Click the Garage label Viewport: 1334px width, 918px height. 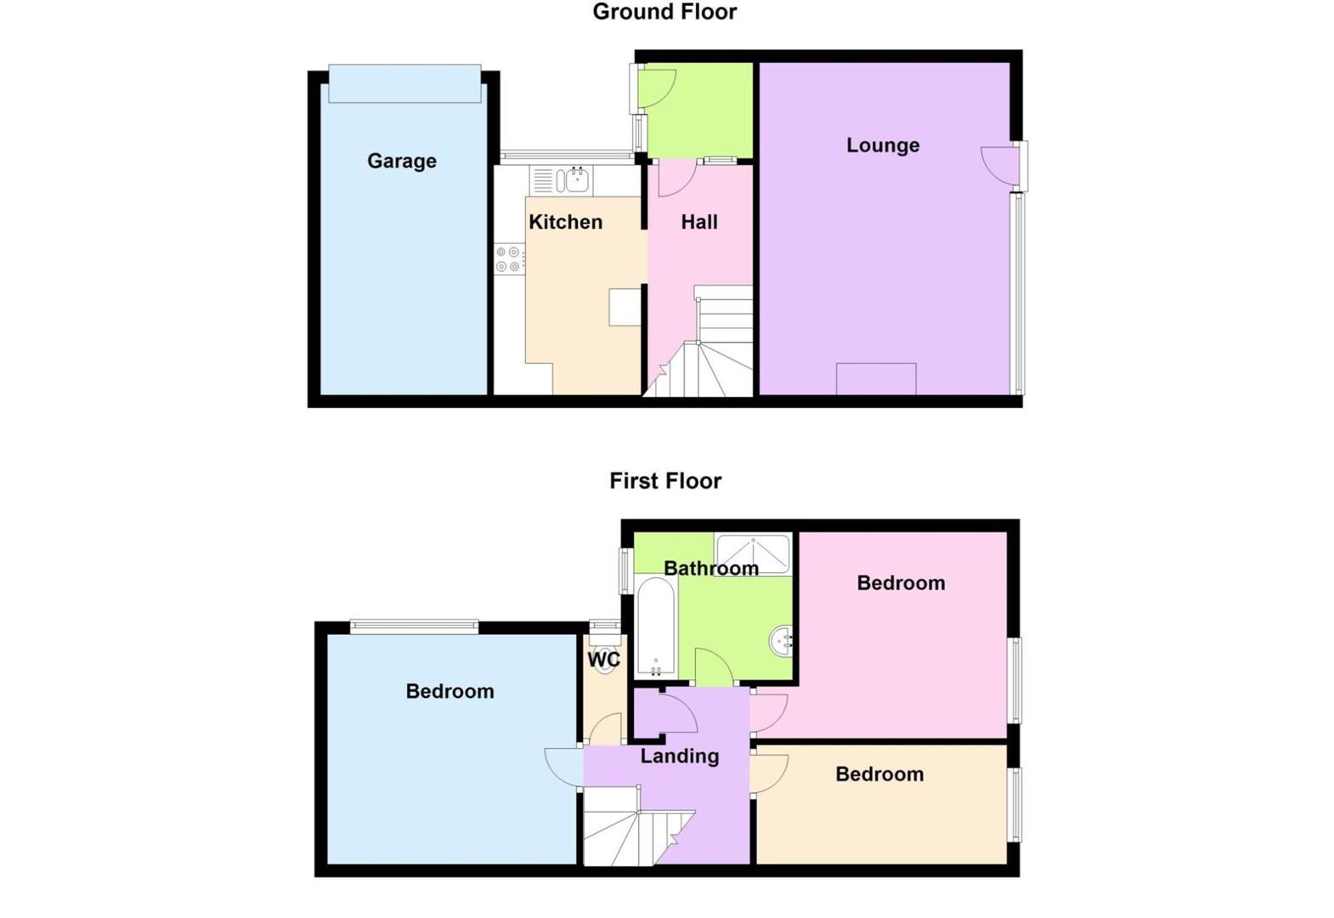(401, 161)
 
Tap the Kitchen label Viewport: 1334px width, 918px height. (565, 222)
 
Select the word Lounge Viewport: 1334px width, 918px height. (882, 145)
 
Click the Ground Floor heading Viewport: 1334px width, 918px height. (664, 12)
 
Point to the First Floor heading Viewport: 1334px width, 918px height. (664, 481)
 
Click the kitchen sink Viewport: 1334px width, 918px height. (572, 180)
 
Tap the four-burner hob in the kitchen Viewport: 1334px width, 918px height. (509, 259)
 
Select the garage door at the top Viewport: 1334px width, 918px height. (404, 84)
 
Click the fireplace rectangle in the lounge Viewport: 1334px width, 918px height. (876, 379)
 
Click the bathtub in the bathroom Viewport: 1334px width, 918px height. (655, 626)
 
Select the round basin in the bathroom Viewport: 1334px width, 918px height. (782, 640)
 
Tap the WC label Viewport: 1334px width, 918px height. (604, 660)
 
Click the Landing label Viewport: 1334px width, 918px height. (679, 756)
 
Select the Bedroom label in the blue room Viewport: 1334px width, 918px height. (449, 691)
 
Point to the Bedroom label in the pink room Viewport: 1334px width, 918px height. (901, 583)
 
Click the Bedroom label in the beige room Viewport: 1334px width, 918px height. (879, 774)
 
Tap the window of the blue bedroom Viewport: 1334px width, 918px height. (415, 627)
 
